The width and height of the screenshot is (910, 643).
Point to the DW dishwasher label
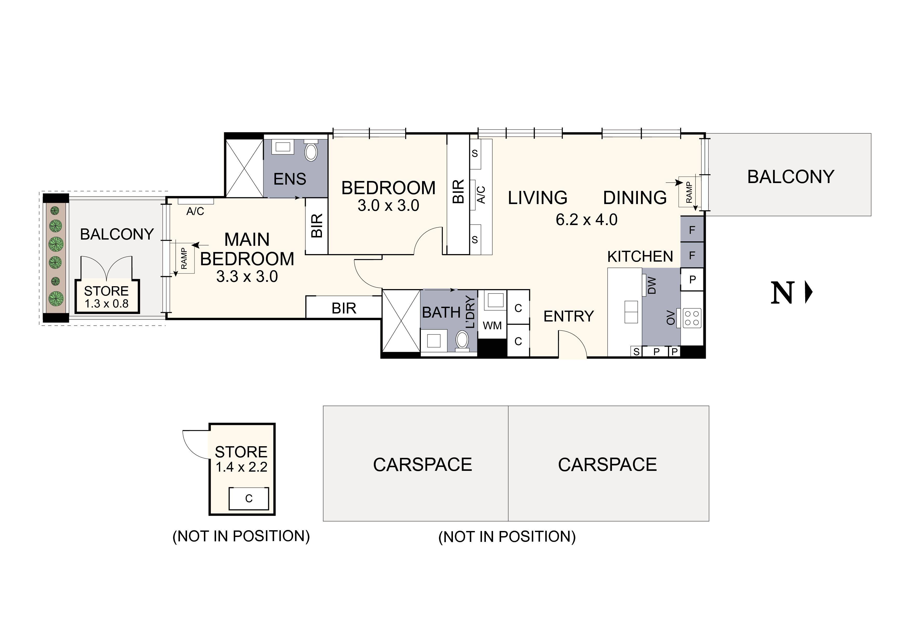(652, 285)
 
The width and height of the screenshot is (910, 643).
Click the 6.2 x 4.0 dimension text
(586, 220)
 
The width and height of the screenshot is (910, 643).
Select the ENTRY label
(568, 316)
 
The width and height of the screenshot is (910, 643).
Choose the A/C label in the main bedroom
(195, 212)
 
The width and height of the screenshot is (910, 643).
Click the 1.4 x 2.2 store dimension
(241, 467)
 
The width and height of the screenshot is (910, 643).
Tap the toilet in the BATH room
(462, 340)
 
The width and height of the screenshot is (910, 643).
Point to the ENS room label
(290, 179)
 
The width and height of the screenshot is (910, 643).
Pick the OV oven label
(671, 318)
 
